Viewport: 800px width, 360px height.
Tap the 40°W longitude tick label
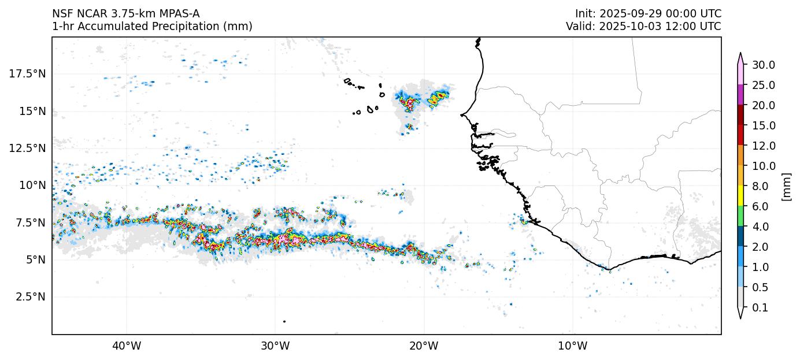point(126,346)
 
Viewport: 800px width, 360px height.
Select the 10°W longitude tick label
point(573,346)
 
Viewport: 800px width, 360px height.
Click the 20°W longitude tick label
point(424,346)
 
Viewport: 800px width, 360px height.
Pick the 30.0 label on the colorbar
point(763,65)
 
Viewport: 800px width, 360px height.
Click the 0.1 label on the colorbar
point(760,308)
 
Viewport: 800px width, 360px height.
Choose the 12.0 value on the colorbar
point(763,146)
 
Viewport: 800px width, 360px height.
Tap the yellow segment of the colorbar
point(740,196)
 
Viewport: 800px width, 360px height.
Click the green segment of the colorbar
point(740,217)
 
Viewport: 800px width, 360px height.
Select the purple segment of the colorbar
point(740,95)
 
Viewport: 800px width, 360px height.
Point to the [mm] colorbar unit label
point(786,187)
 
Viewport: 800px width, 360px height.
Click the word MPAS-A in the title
point(179,13)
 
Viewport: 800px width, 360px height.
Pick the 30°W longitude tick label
point(275,346)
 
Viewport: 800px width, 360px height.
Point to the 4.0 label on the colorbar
point(760,227)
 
